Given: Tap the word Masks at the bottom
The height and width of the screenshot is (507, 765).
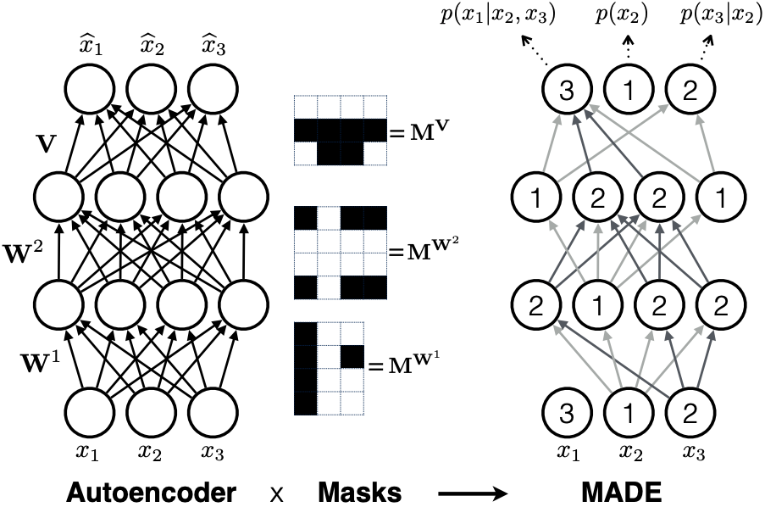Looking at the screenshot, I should click(x=360, y=491).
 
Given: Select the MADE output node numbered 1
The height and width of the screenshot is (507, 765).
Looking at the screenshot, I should click(x=627, y=87).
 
